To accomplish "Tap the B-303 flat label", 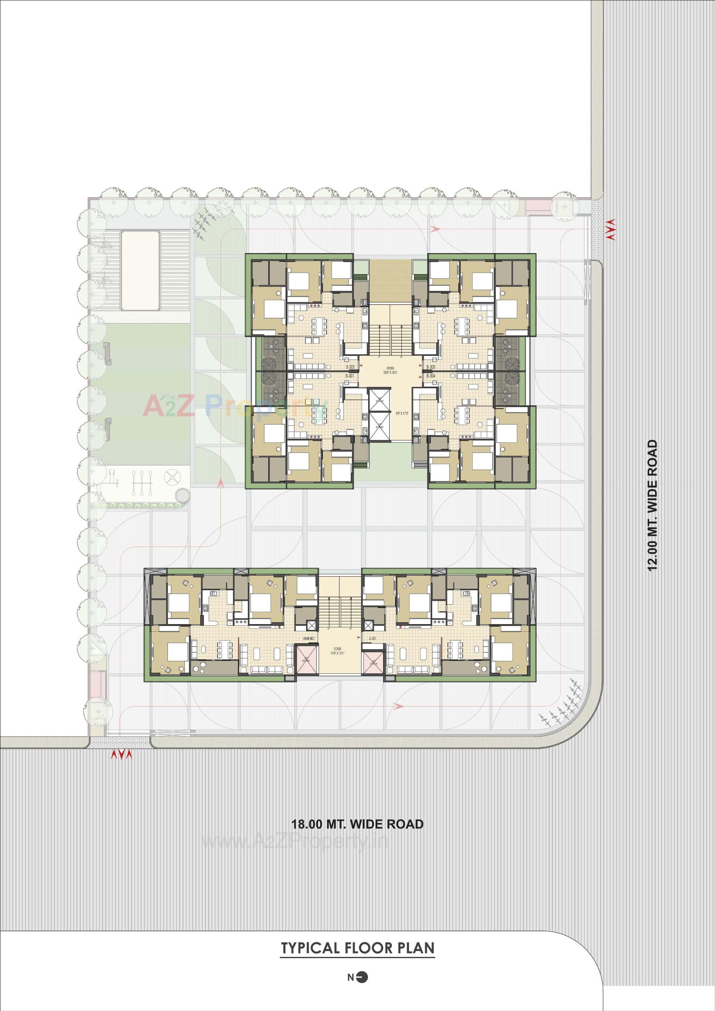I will (x=430, y=367).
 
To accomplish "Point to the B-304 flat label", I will (x=430, y=376).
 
